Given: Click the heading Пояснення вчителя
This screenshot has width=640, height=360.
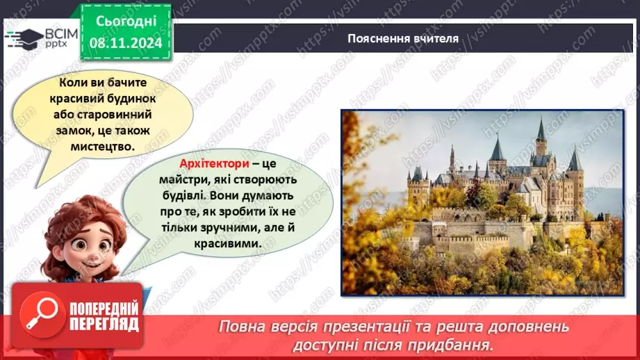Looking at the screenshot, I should coord(403,38).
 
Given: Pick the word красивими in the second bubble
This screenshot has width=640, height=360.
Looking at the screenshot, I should coord(236,244).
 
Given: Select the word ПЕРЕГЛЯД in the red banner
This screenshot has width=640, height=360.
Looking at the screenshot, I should coord(105,323).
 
